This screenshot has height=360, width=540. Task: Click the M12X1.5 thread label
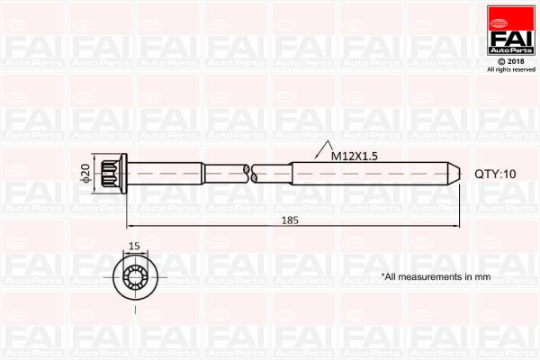click(354, 156)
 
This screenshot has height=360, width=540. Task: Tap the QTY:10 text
click(496, 175)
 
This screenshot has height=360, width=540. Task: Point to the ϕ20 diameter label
click(85, 175)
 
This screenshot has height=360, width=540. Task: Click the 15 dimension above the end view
click(134, 246)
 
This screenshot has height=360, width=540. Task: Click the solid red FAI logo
click(510, 35)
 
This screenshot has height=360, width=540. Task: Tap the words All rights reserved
click(510, 69)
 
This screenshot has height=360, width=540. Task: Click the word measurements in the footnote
click(435, 277)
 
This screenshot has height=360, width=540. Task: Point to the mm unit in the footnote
click(483, 277)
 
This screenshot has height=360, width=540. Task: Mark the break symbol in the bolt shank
click(251, 175)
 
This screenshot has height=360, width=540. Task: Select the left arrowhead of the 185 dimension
click(131, 225)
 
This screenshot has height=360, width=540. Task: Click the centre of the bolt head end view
click(135, 275)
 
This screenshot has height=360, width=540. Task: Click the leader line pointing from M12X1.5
click(310, 161)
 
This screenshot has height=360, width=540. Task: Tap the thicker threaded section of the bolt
click(369, 175)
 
